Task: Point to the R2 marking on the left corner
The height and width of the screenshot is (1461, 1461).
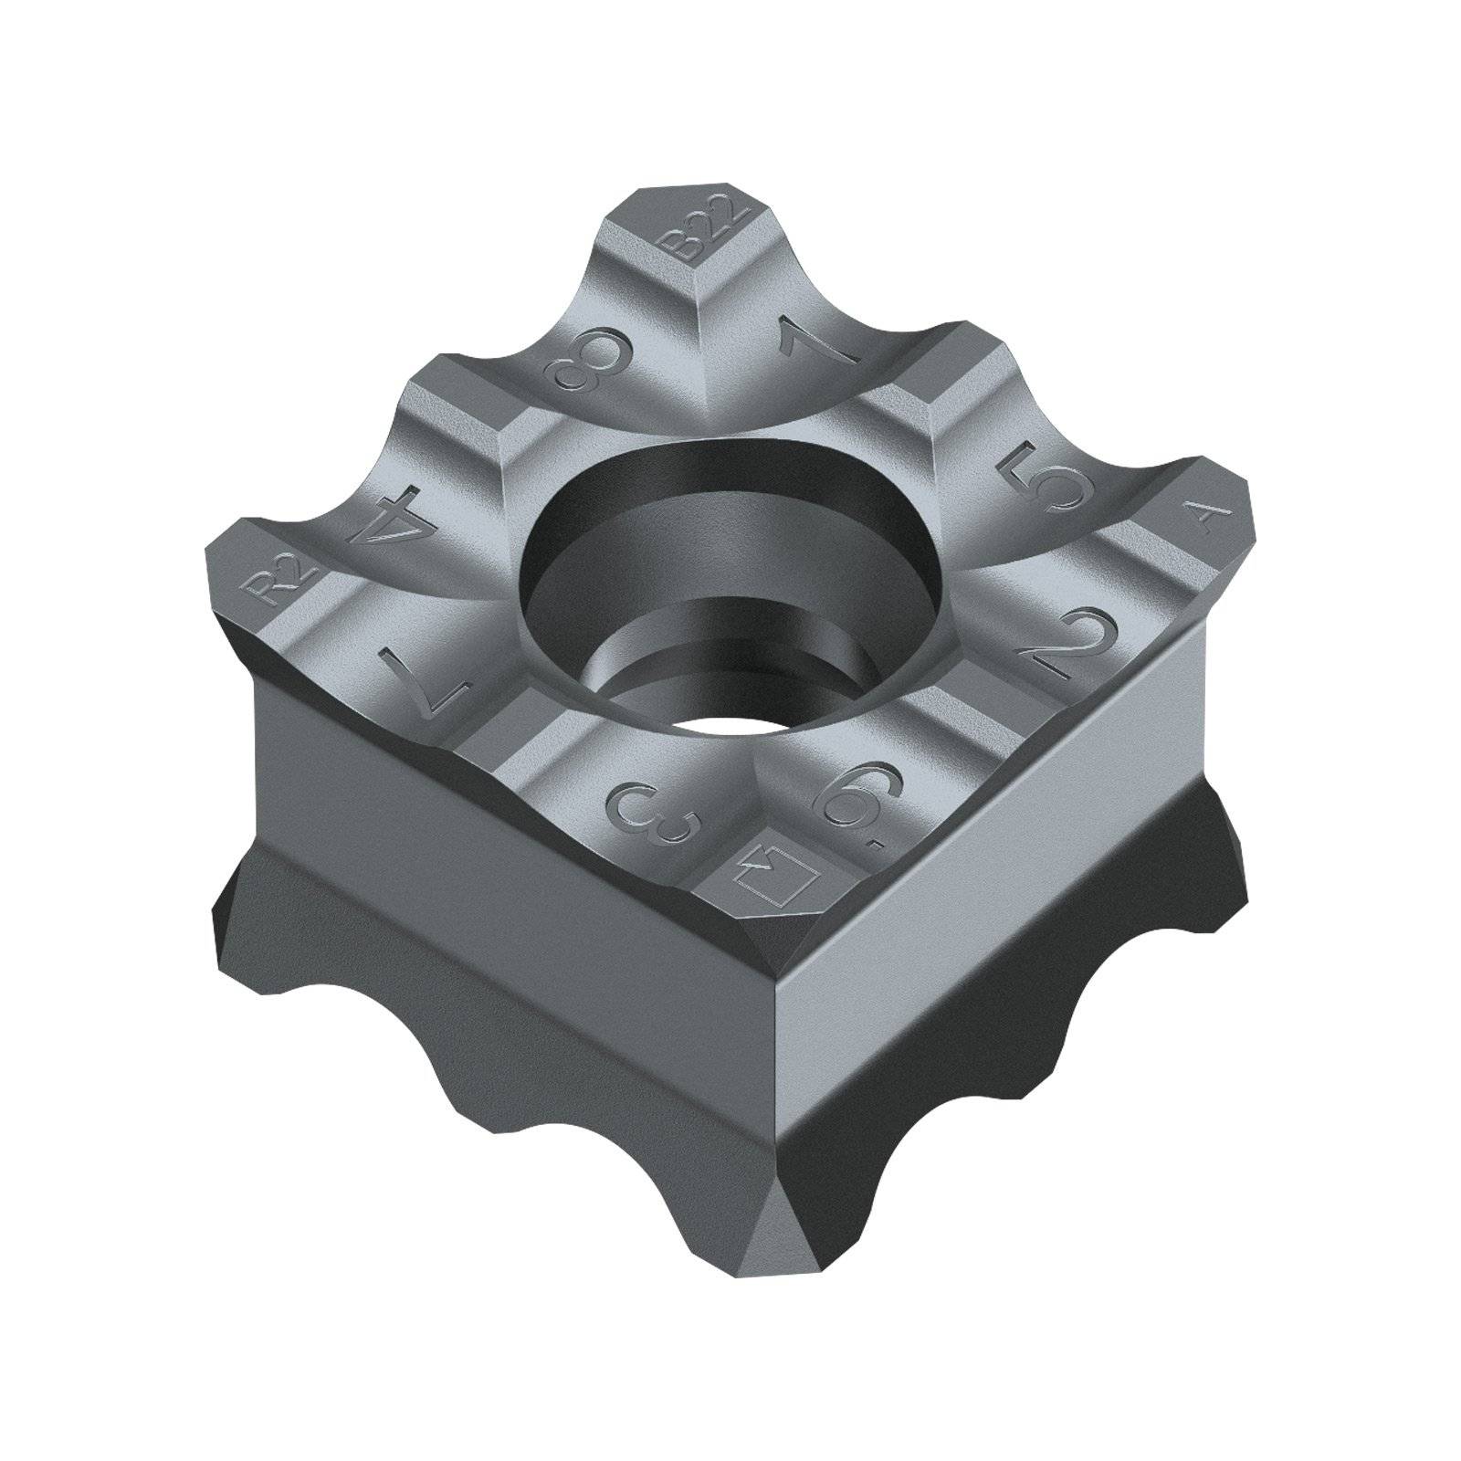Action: tap(286, 582)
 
